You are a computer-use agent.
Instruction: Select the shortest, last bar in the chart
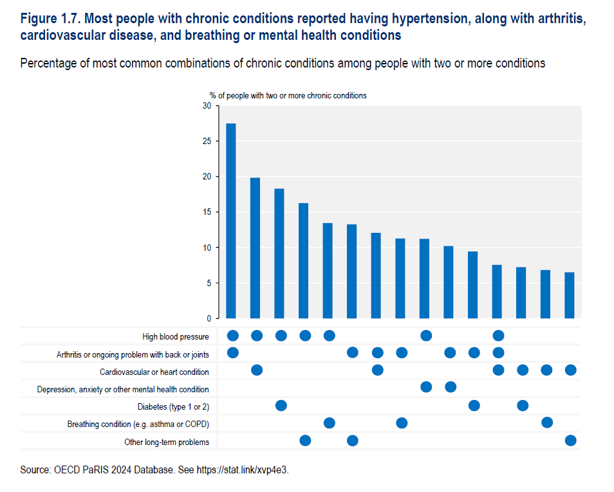(570, 295)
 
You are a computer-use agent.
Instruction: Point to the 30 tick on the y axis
(207, 106)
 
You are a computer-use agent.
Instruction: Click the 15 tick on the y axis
(207, 212)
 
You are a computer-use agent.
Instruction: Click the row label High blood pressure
(176, 336)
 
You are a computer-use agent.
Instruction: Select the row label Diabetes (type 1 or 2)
(173, 406)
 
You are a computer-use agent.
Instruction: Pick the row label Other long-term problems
(167, 442)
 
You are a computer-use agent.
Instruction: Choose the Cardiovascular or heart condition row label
(154, 372)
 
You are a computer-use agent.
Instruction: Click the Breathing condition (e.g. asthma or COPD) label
(138, 424)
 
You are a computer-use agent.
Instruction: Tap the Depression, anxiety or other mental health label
(123, 389)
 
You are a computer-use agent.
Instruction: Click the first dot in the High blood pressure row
(233, 335)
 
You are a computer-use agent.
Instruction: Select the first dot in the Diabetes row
(281, 405)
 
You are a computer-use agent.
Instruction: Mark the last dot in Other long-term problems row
(570, 441)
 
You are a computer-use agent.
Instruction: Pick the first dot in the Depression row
(425, 387)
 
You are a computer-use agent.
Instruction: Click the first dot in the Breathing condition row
(330, 423)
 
